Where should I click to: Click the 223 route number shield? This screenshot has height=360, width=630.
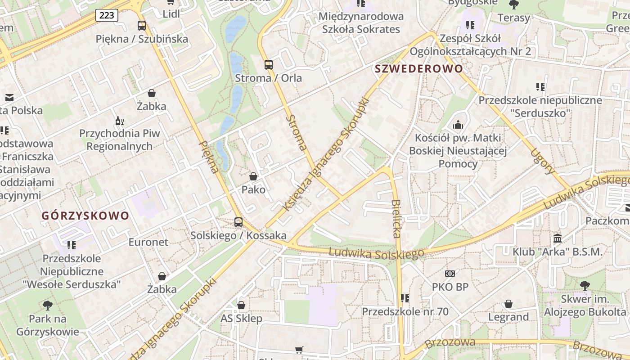107,15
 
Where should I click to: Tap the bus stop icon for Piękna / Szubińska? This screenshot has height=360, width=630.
142,26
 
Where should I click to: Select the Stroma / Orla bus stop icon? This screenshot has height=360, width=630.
269,65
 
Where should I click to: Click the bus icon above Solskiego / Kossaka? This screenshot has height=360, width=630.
238,222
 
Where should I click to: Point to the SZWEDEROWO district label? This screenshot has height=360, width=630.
419,69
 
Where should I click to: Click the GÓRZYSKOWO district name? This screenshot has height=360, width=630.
85,216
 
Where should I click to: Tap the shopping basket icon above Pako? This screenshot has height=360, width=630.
253,176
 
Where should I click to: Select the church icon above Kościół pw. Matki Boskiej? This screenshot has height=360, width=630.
458,125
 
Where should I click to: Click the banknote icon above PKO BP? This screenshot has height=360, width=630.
450,274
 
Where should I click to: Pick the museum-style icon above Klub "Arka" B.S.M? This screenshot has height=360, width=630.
558,238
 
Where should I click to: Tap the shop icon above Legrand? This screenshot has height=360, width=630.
508,304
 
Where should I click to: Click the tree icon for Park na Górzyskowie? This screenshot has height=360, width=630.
48,306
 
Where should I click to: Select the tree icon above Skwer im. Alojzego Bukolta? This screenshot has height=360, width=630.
585,285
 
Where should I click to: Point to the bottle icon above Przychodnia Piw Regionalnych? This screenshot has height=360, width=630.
120,121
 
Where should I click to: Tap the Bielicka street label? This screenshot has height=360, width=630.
396,219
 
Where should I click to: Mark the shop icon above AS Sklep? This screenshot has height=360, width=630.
241,306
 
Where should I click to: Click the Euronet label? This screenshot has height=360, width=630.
148,242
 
